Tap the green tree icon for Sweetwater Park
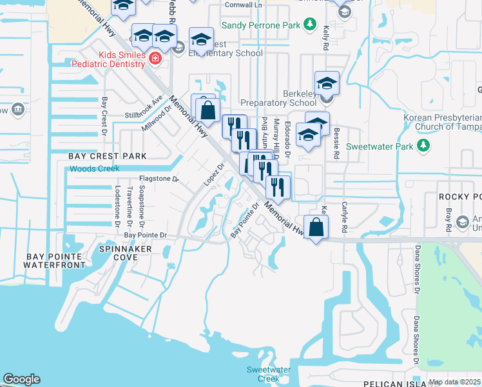423,146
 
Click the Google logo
21,379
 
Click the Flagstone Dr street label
159,179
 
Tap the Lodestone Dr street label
118,206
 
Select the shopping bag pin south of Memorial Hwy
316,228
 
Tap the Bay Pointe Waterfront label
55,261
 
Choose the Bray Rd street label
448,220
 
